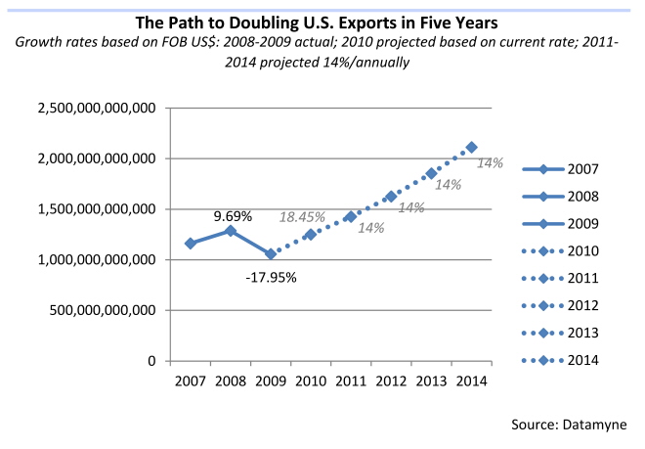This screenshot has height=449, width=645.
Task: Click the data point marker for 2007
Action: (x=191, y=243)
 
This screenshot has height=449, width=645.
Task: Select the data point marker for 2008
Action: (x=231, y=231)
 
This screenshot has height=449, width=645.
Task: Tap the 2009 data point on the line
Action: (x=271, y=254)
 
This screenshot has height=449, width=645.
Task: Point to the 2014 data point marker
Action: (x=472, y=147)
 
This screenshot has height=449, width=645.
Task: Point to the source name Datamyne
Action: (x=594, y=424)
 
